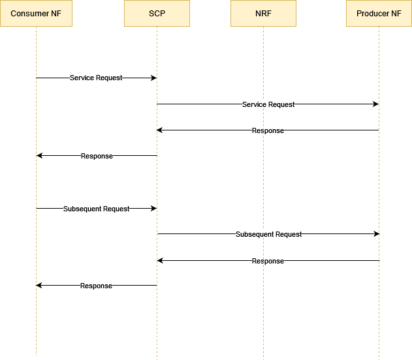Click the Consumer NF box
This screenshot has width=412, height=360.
[36, 14]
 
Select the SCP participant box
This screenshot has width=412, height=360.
[157, 14]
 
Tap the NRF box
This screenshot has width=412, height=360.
[263, 14]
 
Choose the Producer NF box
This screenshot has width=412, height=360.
[379, 14]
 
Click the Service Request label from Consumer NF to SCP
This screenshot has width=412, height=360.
[96, 78]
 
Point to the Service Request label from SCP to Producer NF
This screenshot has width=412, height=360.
[268, 104]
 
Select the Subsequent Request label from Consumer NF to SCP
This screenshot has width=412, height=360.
[97, 209]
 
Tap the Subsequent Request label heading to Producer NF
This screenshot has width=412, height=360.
[268, 234]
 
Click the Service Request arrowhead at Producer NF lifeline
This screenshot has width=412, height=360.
[375, 104]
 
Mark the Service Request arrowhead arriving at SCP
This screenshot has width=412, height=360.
[153, 78]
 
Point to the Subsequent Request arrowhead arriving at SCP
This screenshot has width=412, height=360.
[153, 208]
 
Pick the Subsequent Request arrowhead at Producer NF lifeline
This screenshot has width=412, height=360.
[375, 233]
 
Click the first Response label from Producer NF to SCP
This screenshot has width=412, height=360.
[268, 130]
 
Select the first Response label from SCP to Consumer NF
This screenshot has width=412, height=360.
[97, 156]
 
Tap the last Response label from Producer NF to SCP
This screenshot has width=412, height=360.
[268, 261]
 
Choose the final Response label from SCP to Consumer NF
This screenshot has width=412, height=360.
[96, 286]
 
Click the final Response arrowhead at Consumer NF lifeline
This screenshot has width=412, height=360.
[39, 285]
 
